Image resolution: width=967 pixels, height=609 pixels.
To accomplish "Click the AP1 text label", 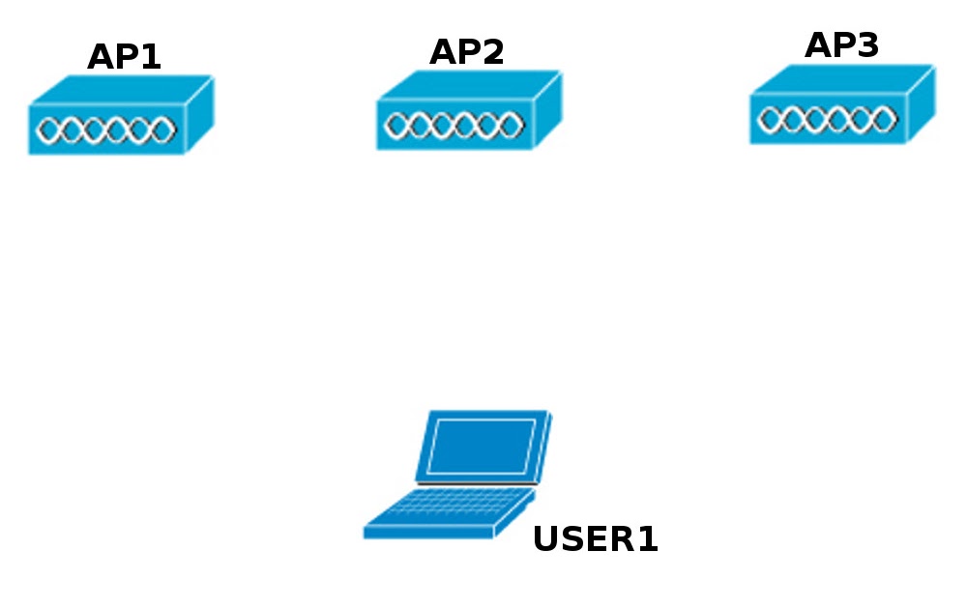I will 124,57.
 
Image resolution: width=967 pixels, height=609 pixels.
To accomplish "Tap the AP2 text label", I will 467,52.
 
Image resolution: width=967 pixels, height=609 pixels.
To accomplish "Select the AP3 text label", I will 841,45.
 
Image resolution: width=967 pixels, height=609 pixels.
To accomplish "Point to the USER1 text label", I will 596,539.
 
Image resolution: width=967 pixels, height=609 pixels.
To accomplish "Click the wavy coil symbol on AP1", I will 105,130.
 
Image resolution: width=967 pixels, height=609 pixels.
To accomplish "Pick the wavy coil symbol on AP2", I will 454,125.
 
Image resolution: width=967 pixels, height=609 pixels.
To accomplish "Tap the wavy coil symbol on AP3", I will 827,120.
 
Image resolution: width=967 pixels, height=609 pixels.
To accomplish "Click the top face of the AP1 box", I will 122,89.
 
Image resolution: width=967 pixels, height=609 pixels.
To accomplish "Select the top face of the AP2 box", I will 470,84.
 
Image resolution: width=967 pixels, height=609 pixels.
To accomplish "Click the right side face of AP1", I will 199,114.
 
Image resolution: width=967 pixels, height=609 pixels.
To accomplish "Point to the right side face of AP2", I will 547,109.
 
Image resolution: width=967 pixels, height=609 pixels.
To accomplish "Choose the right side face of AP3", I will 921,104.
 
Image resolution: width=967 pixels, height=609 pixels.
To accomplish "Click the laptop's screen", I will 481,446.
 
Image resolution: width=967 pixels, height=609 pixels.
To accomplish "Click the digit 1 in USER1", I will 647,539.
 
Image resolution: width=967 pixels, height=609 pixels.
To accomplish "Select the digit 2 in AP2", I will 492,52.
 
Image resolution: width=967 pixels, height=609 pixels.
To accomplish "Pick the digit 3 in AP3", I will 867,45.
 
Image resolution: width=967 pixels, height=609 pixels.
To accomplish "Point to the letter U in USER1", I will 546,539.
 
